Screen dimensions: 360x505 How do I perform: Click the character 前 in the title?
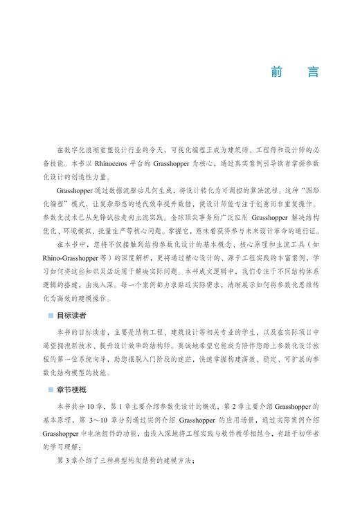click(x=277, y=72)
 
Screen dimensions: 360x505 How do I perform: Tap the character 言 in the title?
click(x=313, y=72)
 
